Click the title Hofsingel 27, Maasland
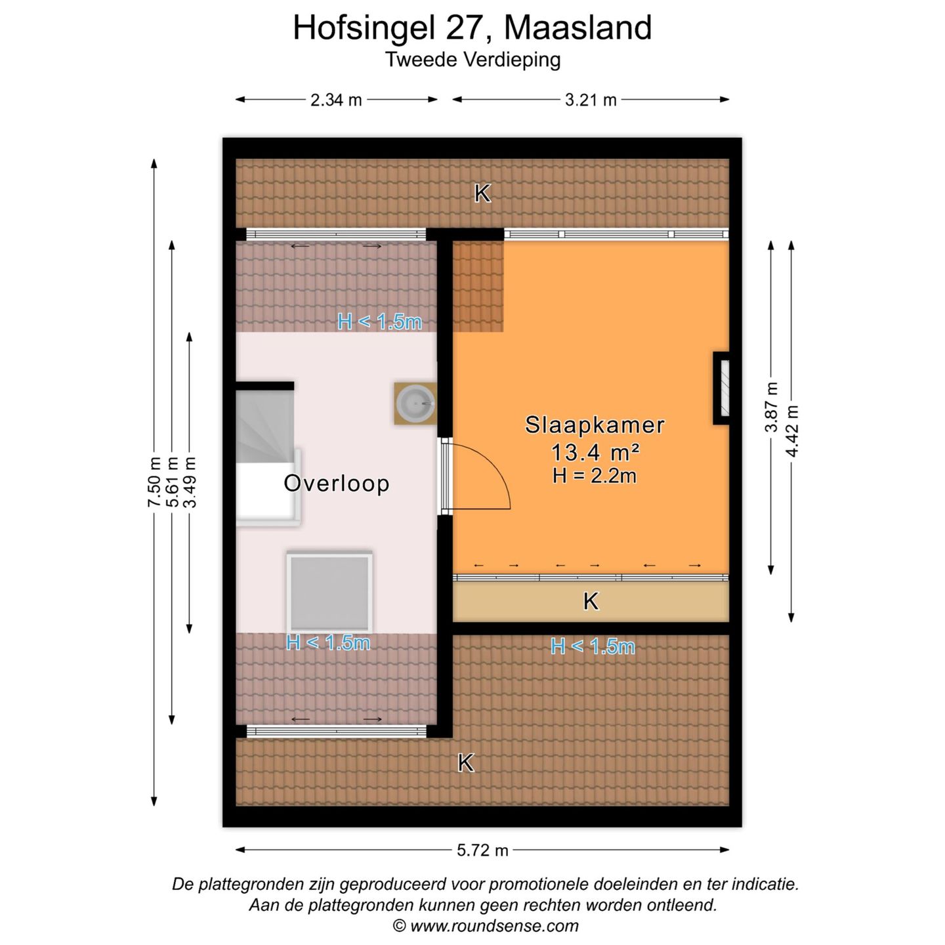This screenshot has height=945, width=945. click(x=472, y=28)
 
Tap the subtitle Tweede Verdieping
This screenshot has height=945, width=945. click(x=472, y=60)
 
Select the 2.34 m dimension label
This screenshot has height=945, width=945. click(x=336, y=100)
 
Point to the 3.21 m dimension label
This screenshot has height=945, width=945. click(x=591, y=100)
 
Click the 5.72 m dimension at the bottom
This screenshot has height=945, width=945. click(x=482, y=850)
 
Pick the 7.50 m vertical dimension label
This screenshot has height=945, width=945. click(x=154, y=482)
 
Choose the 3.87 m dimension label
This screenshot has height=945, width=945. click(x=771, y=407)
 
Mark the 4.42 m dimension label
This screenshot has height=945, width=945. click(x=792, y=431)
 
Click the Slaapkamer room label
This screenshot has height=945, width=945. click(x=595, y=425)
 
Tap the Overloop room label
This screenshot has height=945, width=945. click(x=337, y=484)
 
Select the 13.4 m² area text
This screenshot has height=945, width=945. click(x=595, y=452)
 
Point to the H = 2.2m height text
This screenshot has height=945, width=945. click(x=595, y=476)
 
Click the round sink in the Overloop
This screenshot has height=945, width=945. click(x=415, y=403)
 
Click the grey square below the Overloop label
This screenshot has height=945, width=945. click(x=329, y=593)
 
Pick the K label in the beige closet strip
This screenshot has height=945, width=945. click(x=591, y=602)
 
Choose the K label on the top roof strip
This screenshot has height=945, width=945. click(x=482, y=194)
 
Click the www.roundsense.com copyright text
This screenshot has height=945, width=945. click(x=486, y=926)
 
